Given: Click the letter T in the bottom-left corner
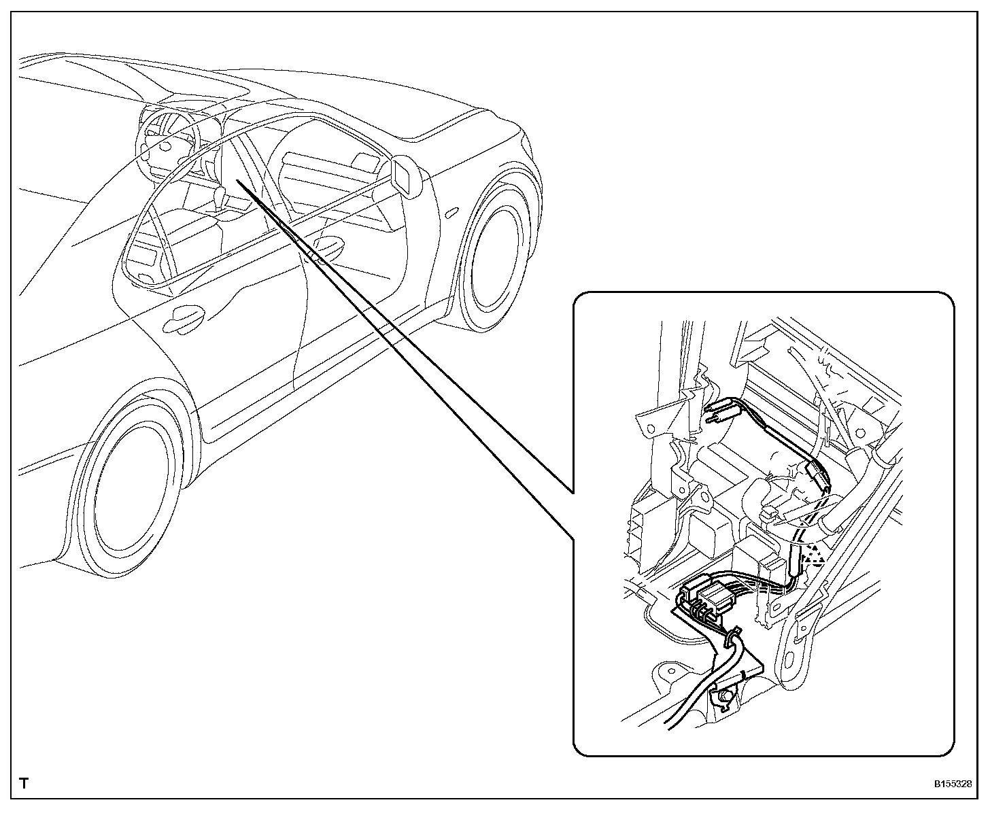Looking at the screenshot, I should pyautogui.click(x=24, y=783).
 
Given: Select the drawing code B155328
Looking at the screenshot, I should pyautogui.click(x=951, y=784).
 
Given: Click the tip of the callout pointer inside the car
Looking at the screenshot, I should pyautogui.click(x=237, y=181).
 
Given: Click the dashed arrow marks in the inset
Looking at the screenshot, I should pyautogui.click(x=812, y=555).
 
